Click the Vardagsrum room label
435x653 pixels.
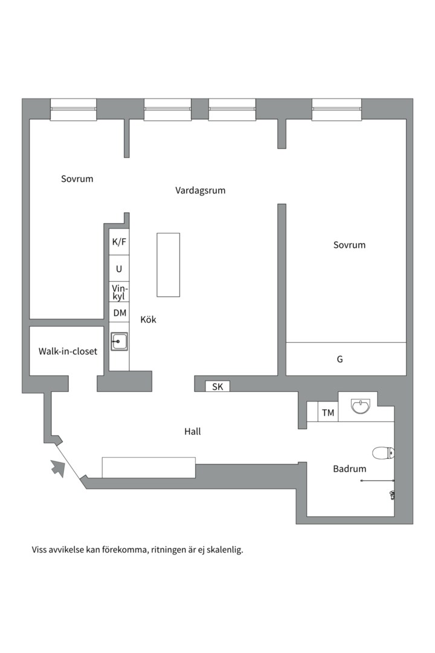[200, 190]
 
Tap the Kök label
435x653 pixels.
[148, 319]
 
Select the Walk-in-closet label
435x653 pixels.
[68, 351]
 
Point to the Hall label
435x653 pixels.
[192, 432]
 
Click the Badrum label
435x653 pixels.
[350, 469]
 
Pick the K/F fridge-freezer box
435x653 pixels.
[119, 242]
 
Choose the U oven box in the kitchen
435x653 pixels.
[119, 268]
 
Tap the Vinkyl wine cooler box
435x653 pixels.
[119, 292]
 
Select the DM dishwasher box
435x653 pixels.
[119, 312]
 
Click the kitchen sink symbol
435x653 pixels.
[119, 342]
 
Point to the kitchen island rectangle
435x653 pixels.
[168, 265]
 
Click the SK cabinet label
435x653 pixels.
[217, 386]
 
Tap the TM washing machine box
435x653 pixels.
[327, 412]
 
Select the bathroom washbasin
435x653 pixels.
[360, 406]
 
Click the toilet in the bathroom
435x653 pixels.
[383, 453]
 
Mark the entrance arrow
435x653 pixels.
[58, 468]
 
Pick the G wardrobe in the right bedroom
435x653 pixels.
[346, 359]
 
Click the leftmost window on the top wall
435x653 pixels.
[73, 109]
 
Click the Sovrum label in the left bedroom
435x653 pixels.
[77, 178]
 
